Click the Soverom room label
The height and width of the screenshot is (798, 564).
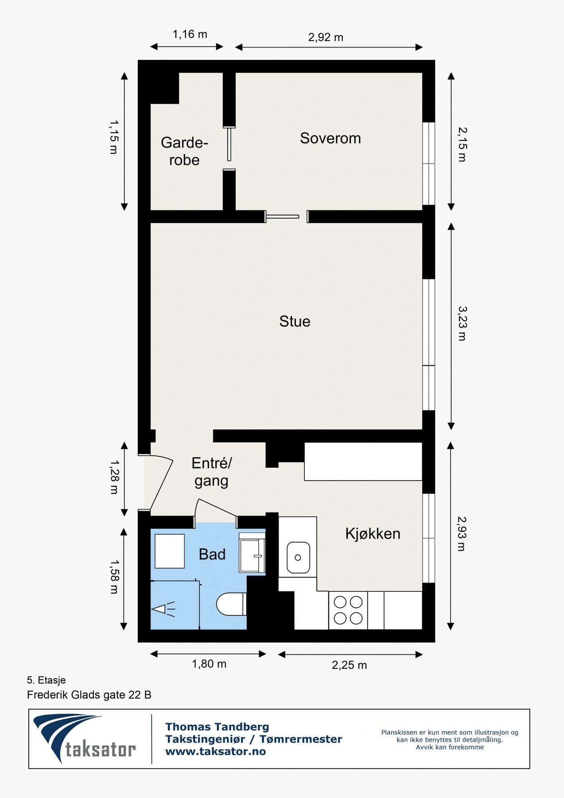click(x=330, y=138)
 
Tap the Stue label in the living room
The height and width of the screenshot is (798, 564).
click(x=295, y=321)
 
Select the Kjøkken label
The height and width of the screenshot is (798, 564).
click(x=373, y=534)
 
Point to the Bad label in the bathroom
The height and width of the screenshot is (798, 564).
click(x=212, y=554)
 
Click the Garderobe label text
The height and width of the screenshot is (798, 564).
click(x=184, y=151)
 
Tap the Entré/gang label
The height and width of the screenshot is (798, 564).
click(x=211, y=472)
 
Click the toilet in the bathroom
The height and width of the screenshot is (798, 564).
click(x=231, y=604)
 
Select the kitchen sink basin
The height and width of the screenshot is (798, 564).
click(x=298, y=558)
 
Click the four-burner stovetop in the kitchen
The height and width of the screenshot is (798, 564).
click(x=348, y=610)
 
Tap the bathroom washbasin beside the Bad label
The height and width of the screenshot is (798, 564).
click(x=251, y=552)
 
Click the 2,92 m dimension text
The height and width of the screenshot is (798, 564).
click(x=326, y=37)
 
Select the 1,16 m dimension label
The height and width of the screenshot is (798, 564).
click(x=190, y=34)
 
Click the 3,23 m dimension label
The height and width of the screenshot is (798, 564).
click(x=462, y=323)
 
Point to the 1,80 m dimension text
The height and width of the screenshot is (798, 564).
click(x=209, y=664)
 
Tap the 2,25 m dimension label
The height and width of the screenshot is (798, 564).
click(x=349, y=665)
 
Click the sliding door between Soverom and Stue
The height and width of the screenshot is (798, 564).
click(x=283, y=217)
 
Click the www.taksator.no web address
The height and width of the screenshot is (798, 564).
click(x=215, y=751)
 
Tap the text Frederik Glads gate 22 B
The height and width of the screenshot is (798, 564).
click(x=89, y=695)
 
